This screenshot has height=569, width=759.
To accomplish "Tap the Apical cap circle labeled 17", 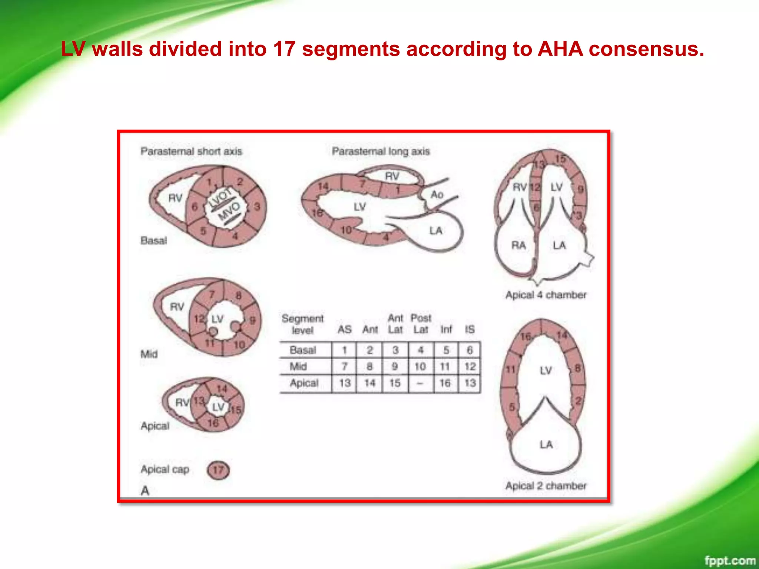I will coord(218,470).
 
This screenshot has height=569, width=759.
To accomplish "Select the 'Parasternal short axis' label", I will coord(191,151).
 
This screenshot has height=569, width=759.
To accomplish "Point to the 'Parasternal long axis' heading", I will coord(381,151).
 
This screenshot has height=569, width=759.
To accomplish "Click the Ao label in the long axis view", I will coord(437,194).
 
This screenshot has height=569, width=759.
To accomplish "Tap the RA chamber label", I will coord(518,245).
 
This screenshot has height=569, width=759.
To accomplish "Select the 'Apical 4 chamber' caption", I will coord(546,295).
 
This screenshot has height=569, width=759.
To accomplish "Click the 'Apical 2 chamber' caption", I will coord(546,486).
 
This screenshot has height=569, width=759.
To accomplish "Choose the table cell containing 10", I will coord(420,366).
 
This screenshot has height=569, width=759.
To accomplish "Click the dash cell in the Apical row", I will coord(420,383).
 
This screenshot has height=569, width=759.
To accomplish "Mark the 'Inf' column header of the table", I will coord(446,329).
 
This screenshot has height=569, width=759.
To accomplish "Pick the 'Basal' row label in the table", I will coord(303,350).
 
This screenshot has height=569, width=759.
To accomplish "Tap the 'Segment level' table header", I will coord(302,324).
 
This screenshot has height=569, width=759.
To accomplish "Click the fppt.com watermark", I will coord(729,560).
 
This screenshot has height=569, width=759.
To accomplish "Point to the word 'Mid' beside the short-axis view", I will coord(149,354).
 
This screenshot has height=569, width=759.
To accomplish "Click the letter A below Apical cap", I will coord(145,491).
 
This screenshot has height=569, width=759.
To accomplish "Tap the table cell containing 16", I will coord(445,383).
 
